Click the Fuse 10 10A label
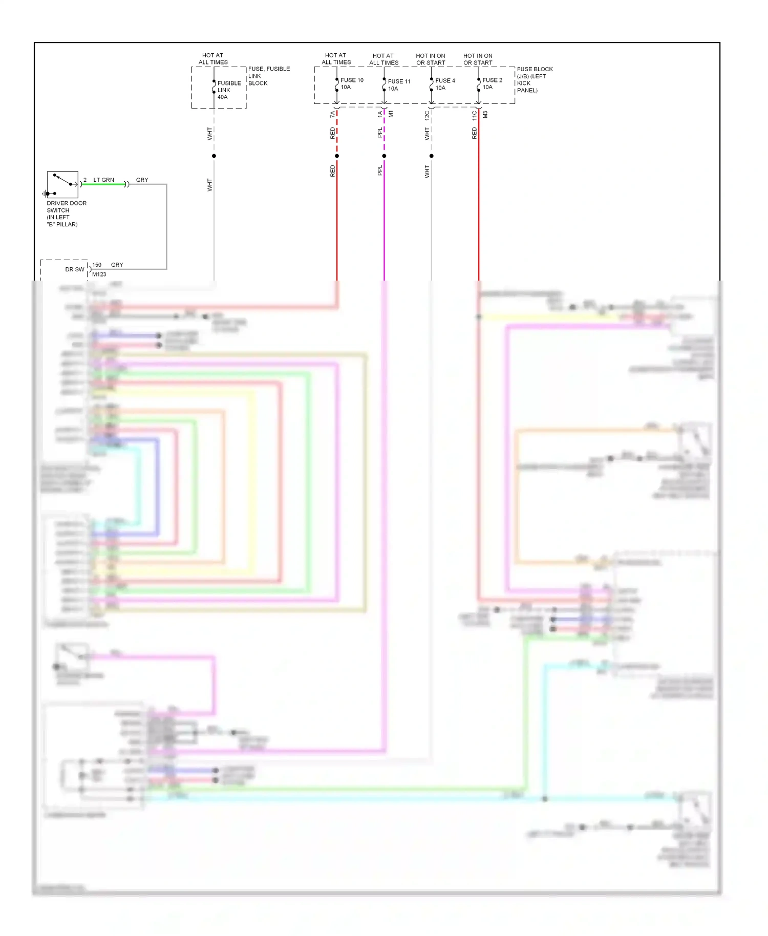(352, 83)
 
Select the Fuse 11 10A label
(399, 84)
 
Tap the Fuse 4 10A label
(445, 84)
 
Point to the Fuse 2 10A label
(492, 83)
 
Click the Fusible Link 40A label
(229, 90)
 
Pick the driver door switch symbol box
(62, 184)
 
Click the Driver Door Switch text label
(66, 214)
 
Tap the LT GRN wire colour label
(103, 180)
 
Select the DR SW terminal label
(75, 269)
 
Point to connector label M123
(99, 274)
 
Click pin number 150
(97, 265)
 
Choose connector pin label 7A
(332, 114)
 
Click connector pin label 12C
(427, 115)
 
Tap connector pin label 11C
(474, 115)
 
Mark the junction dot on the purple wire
(384, 156)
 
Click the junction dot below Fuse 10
(337, 156)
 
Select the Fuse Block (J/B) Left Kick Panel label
(535, 79)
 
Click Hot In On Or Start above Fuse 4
(431, 59)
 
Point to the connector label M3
(485, 114)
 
